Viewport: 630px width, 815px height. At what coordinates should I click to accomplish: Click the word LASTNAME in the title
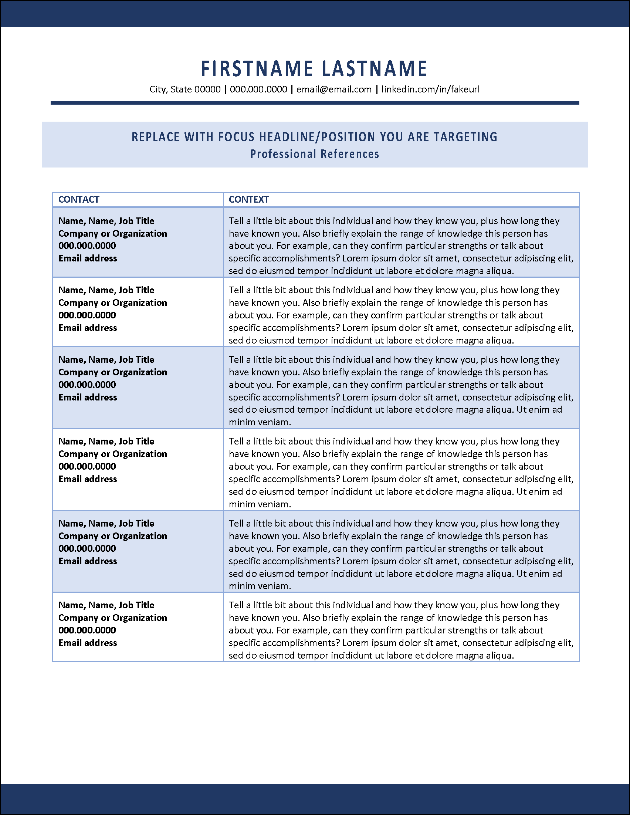(x=375, y=69)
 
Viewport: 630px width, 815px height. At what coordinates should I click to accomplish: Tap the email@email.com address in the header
(x=334, y=89)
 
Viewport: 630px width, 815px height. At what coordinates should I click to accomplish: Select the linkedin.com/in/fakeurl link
(x=430, y=89)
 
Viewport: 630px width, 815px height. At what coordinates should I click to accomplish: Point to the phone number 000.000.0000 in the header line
(x=258, y=89)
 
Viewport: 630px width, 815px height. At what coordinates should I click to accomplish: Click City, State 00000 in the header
(x=185, y=89)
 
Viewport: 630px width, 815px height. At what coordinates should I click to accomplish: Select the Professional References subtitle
(x=314, y=154)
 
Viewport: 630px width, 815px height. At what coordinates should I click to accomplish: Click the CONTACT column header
(x=79, y=200)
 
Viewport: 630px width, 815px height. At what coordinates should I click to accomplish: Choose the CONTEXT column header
(x=249, y=200)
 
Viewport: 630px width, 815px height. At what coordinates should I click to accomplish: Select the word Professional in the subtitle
(x=283, y=154)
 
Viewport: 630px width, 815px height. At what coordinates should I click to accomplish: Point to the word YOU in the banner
(x=392, y=137)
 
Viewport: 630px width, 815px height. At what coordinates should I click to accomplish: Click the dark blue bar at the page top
(x=315, y=13)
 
